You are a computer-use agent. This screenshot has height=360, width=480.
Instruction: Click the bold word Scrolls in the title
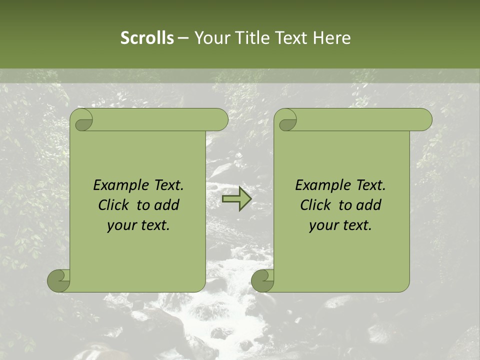click(x=147, y=37)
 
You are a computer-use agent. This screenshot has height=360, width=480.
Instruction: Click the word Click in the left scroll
click(x=115, y=205)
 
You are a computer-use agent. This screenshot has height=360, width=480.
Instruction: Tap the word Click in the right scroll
click(x=317, y=205)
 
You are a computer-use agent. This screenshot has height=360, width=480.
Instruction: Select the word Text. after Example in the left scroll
click(x=168, y=185)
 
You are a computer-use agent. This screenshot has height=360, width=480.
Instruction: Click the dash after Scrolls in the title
click(x=183, y=37)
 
